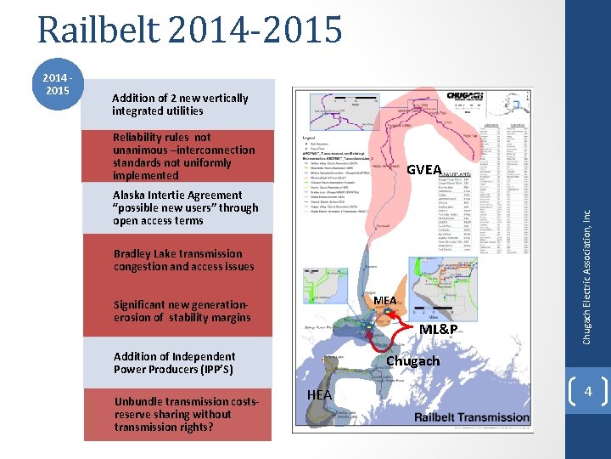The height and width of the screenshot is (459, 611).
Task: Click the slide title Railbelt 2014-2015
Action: pos(190,30)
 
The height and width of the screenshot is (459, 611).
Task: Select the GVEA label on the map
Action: pos(424,170)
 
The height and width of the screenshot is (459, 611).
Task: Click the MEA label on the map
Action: pos(384,301)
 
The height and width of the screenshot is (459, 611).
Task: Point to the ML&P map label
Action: pos(440,329)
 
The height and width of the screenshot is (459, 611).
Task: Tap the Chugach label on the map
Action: pos(412,361)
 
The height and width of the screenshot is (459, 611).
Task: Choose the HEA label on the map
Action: pos(319,395)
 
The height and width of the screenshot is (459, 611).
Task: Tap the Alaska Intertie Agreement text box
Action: pos(184,207)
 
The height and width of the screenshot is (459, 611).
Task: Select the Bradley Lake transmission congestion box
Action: pos(184,260)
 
